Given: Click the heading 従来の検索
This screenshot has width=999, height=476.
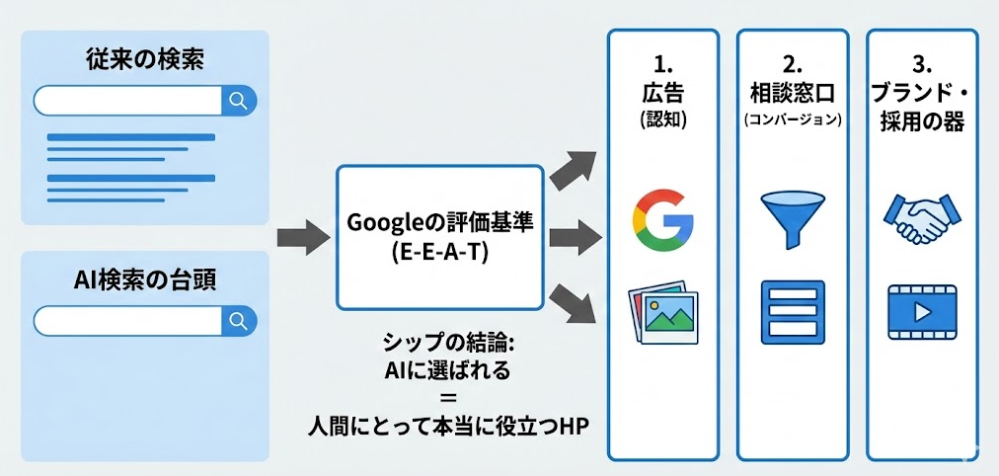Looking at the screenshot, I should [x=144, y=58].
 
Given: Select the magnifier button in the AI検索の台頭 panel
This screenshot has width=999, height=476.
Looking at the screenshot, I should [x=238, y=320].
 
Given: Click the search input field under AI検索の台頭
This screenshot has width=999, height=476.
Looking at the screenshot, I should [x=128, y=320].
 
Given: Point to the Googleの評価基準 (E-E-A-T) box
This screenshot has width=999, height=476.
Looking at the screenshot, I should [x=439, y=237].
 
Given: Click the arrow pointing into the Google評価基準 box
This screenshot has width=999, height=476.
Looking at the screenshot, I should [x=302, y=237].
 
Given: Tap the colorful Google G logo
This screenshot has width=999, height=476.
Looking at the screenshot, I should [x=662, y=218].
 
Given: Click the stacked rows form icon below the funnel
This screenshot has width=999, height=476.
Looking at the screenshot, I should [x=792, y=309].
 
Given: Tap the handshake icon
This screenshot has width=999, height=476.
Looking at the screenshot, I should [x=921, y=218].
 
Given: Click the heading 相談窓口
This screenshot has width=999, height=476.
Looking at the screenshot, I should [x=792, y=94].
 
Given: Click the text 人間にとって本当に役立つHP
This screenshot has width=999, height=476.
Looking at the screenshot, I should [x=440, y=426].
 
